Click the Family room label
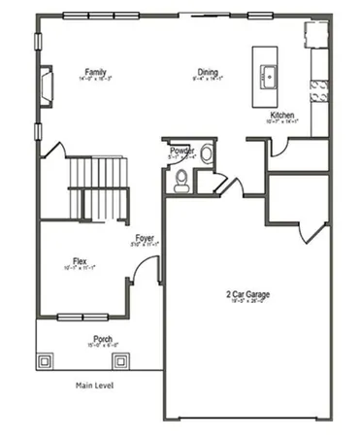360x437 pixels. click(94, 72)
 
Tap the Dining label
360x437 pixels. click(208, 72)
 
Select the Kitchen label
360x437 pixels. click(282, 114)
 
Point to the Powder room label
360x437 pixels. click(182, 151)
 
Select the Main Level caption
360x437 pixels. click(95, 386)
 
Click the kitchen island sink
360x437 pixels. click(267, 77)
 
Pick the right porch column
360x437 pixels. click(120, 360)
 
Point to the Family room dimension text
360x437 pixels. click(94, 81)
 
